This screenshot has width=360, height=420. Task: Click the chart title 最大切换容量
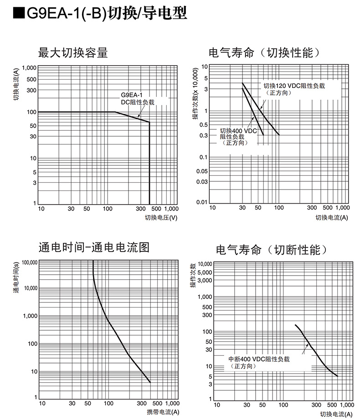click(73, 53)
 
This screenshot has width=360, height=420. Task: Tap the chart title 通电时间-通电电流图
click(94, 247)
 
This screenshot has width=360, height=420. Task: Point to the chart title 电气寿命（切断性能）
click(272, 250)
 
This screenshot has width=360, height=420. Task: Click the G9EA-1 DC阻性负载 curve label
click(137, 99)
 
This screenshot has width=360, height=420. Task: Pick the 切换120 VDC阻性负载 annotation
click(294, 89)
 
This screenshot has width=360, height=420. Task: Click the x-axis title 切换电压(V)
click(161, 217)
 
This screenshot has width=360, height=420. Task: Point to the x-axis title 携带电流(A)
click(163, 412)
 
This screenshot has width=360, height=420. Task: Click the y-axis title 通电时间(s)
click(16, 277)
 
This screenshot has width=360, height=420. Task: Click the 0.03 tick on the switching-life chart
click(201, 182)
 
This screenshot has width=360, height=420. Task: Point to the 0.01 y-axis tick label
click(201, 202)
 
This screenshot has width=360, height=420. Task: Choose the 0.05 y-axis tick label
click(201, 171)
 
